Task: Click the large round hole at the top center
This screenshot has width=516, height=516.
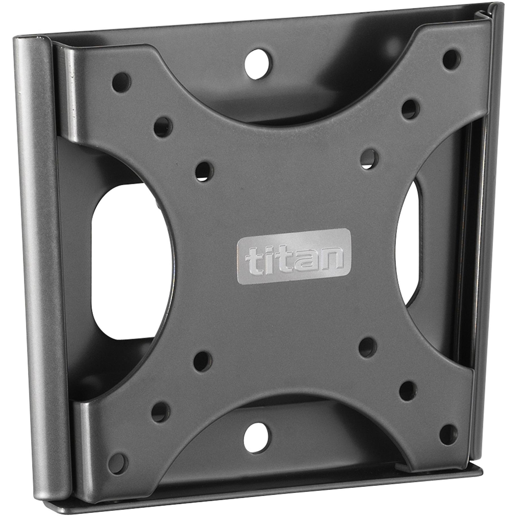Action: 258,63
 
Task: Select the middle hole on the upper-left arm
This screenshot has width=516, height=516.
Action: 163,127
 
